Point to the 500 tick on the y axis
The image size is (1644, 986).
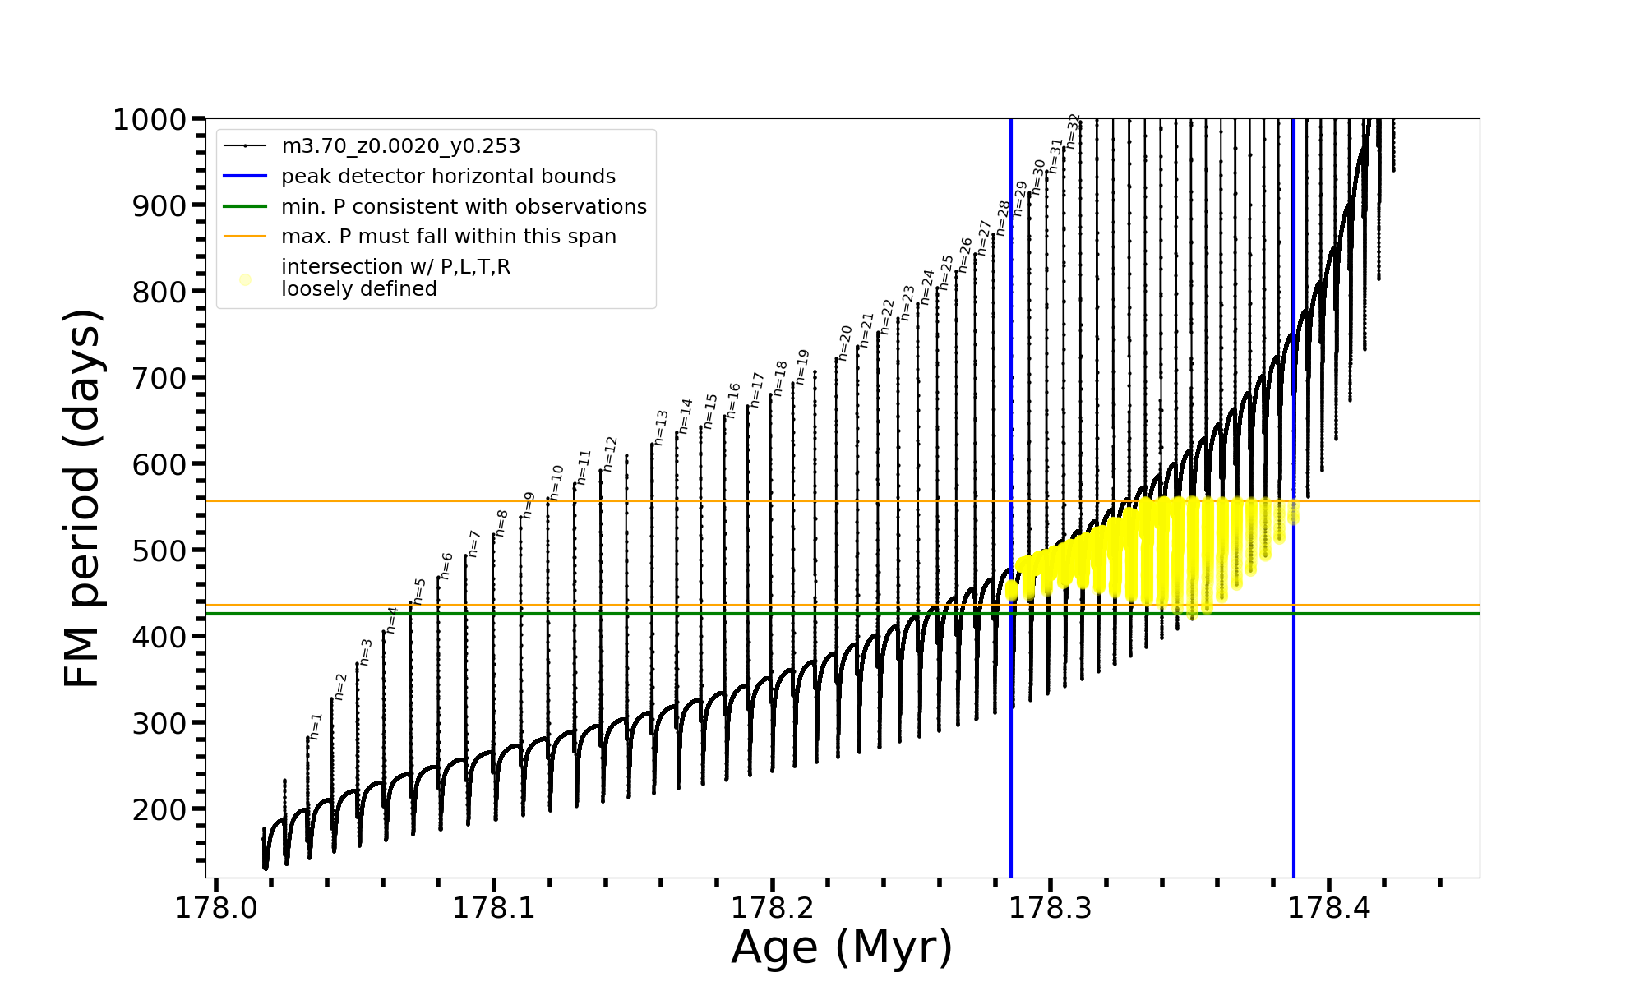click(x=159, y=551)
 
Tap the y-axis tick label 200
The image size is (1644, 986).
click(x=159, y=809)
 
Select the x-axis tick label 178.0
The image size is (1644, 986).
click(x=216, y=908)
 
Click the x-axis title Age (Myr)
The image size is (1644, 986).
click(x=842, y=947)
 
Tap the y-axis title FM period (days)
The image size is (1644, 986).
click(x=83, y=498)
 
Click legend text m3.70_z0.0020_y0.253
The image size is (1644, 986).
click(x=400, y=146)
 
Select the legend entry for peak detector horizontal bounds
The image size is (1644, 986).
click(x=448, y=177)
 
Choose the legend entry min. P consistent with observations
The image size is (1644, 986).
click(x=464, y=207)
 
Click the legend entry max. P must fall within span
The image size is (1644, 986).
click(x=448, y=237)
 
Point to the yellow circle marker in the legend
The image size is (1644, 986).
click(x=245, y=279)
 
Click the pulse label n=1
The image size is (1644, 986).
click(x=316, y=726)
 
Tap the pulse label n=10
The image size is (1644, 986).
click(x=556, y=482)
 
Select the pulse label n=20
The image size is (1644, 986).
click(x=845, y=343)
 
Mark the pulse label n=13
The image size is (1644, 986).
click(x=661, y=428)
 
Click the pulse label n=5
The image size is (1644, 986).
click(x=419, y=592)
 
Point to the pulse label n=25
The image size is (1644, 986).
click(x=946, y=272)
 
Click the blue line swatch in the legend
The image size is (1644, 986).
click(x=245, y=177)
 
